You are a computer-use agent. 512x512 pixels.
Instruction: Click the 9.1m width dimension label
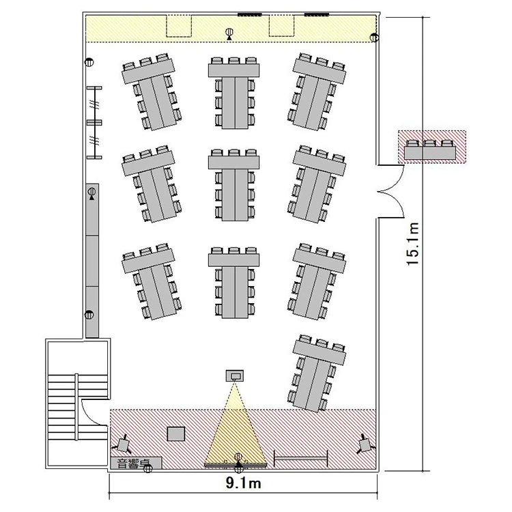243,483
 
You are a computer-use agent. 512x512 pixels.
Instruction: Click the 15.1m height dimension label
413,244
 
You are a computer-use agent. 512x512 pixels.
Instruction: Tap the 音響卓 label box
136,463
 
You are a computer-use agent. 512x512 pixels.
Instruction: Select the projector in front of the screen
235,376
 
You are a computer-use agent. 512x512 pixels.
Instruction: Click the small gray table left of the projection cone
176,434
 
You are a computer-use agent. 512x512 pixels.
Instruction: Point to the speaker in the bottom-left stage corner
123,444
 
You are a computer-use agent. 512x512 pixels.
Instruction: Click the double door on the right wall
392,191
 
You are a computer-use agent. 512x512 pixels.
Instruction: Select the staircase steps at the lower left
77,407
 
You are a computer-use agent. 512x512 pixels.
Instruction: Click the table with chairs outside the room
429,150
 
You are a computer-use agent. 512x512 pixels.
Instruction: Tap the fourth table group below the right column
316,373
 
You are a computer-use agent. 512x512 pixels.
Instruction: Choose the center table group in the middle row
233,185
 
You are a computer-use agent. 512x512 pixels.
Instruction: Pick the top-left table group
152,91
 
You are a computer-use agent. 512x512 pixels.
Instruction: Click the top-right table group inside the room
316,91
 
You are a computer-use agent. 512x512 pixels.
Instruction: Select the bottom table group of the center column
233,283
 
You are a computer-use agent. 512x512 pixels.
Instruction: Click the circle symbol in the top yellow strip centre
229,32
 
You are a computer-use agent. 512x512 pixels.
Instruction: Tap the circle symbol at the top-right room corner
374,38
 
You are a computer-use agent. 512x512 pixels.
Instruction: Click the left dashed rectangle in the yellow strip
179,26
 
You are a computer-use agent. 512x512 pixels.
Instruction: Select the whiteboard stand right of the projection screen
301,459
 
